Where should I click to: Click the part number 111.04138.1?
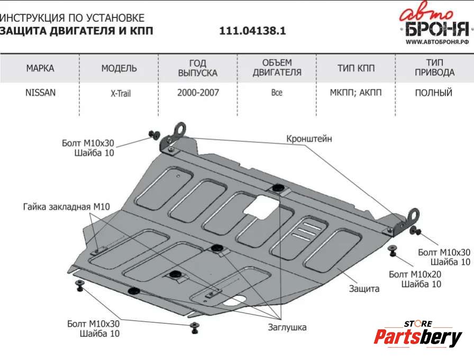(252, 31)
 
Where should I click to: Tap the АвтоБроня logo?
(433, 23)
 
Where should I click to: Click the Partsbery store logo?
(418, 335)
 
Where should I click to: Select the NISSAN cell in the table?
(40, 93)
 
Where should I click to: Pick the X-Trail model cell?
(120, 94)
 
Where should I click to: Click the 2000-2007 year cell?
(198, 93)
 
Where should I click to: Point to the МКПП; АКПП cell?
(355, 93)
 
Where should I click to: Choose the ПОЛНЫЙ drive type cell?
(433, 93)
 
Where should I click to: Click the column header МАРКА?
(40, 68)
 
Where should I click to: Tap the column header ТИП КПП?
(355, 68)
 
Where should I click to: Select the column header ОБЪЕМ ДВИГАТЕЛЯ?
(277, 68)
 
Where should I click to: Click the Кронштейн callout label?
(309, 139)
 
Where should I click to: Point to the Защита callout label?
(364, 289)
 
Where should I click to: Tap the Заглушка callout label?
(287, 327)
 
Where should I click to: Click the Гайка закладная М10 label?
(66, 207)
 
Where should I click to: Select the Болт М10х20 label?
(415, 274)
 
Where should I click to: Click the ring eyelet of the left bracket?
(181, 128)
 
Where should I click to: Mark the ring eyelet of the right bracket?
(413, 216)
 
